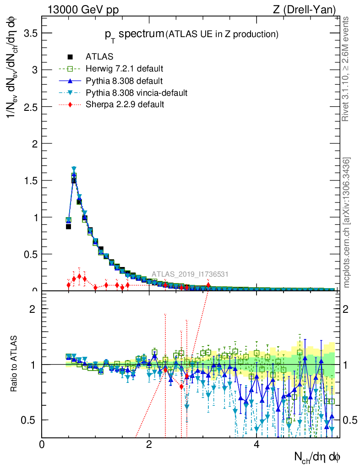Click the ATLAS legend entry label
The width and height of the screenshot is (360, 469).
tap(99, 57)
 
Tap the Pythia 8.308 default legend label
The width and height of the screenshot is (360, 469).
tap(124, 81)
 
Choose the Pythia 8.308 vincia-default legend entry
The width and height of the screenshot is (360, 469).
tap(136, 93)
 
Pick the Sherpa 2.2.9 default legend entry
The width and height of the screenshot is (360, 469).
tap(125, 104)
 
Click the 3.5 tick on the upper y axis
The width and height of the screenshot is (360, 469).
tap(31, 33)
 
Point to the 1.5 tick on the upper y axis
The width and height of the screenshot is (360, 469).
tap(31, 180)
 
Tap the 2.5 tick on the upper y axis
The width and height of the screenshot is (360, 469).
tap(31, 107)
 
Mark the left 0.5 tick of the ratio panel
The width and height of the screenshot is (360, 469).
tap(31, 420)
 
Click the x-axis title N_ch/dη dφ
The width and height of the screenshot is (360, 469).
tap(316, 457)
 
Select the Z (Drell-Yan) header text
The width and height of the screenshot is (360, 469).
tap(309, 10)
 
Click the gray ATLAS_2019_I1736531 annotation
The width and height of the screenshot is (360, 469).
tap(190, 274)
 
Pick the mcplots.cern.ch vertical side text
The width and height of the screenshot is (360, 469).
tap(347, 223)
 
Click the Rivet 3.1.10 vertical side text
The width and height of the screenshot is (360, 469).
tap(346, 69)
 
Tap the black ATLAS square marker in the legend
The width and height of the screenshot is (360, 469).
tap(71, 57)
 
